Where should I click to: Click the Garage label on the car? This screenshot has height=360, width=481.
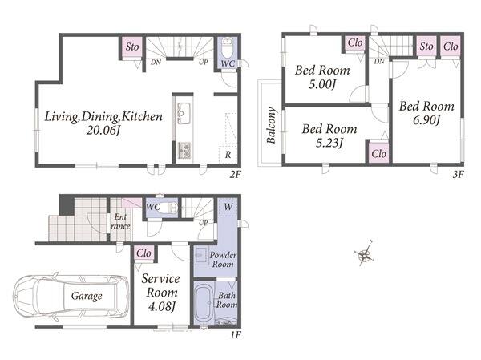click(87, 296)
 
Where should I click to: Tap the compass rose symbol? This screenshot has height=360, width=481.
click(365, 253)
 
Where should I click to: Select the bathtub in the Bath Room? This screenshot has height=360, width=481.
click(204, 302)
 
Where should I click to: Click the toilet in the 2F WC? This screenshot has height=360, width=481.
click(228, 48)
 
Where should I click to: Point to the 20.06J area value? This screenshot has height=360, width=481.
click(103, 131)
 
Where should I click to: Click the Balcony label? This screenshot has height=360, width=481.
click(271, 125)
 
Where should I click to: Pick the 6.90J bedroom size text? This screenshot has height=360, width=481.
click(426, 120)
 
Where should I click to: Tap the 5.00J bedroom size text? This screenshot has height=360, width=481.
click(322, 84)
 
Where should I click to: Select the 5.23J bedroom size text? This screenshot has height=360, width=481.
click(329, 143)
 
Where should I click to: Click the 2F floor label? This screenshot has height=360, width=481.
click(236, 174)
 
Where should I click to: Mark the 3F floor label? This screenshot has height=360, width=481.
click(459, 174)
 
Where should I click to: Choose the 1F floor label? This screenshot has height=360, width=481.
click(236, 335)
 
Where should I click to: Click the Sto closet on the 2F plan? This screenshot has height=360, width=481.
click(132, 47)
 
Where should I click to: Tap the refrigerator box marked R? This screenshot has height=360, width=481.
click(228, 155)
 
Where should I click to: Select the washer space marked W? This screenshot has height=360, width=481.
click(228, 207)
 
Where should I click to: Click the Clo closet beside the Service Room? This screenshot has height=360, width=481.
click(143, 253)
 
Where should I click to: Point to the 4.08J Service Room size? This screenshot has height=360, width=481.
click(161, 306)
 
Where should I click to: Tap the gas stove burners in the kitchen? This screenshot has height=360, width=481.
click(184, 151)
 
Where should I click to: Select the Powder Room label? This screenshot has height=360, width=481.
click(223, 260)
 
